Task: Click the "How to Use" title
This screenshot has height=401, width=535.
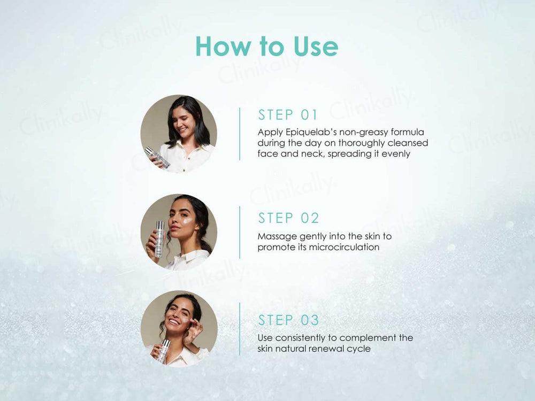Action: coord(267,47)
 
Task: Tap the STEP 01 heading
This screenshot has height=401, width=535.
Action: coord(288,115)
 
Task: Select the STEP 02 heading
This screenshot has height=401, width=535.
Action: coord(289,218)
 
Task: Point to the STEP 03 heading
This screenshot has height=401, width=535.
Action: coord(289,320)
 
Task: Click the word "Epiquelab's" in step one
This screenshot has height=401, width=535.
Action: coord(311,132)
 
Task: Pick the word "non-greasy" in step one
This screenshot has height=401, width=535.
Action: coord(363,132)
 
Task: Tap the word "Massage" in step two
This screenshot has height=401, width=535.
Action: coord(277,236)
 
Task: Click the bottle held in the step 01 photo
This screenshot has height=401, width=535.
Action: coord(157,157)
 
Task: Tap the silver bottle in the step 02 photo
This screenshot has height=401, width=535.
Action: coord(159,239)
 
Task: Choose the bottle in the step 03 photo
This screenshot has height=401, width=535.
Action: coord(163,351)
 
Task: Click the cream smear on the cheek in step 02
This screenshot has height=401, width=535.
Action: coord(187,221)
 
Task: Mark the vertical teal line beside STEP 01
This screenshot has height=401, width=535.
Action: coord(240,134)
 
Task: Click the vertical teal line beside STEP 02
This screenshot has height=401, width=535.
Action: coord(240,232)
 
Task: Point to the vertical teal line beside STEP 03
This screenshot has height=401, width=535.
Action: coord(240,329)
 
